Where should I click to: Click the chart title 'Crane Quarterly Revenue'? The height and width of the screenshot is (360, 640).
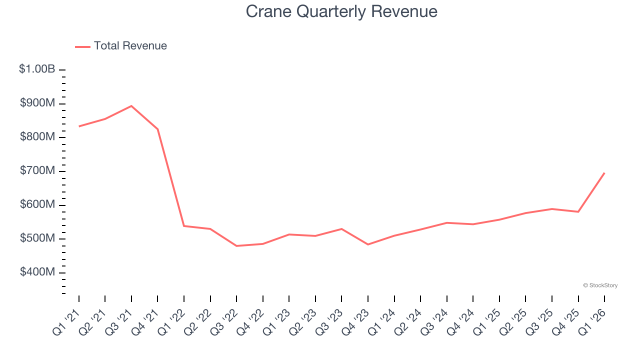click(341, 11)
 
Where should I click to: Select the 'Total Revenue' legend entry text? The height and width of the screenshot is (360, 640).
click(130, 46)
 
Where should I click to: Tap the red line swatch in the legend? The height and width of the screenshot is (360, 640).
click(82, 46)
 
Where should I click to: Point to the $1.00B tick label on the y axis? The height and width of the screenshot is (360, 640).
click(37, 69)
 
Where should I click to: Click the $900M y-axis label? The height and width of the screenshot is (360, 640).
click(37, 103)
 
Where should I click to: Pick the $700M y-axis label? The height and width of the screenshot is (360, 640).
click(37, 170)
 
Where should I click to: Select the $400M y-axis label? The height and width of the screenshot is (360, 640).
click(37, 272)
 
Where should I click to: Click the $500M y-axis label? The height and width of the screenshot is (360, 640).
click(37, 238)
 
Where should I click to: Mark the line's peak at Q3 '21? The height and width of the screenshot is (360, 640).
click(131, 106)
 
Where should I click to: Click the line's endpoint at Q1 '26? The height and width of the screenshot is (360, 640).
click(604, 173)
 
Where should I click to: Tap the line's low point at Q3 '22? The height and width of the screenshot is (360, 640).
click(236, 246)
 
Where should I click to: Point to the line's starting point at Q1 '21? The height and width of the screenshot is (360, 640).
click(79, 126)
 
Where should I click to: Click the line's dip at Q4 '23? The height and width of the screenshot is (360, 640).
click(368, 244)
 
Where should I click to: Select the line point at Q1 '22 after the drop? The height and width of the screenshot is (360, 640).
click(184, 226)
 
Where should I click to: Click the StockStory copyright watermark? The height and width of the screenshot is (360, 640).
click(600, 285)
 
